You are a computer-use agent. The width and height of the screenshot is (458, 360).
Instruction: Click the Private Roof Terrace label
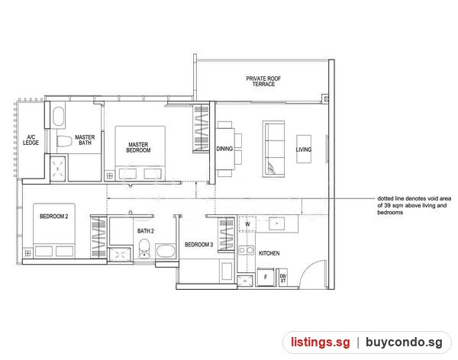[263, 81]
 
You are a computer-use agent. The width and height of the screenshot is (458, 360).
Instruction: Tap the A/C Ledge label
[31, 140]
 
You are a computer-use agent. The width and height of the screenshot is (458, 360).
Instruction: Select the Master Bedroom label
[138, 147]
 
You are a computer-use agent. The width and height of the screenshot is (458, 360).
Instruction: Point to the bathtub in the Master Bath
[59, 116]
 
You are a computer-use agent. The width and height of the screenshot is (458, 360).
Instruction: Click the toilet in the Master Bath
[64, 141]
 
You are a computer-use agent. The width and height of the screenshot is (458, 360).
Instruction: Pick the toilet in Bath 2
[144, 249]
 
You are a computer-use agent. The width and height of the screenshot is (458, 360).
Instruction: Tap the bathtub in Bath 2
[166, 251]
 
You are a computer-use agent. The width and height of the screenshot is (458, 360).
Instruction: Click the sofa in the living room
[274, 149]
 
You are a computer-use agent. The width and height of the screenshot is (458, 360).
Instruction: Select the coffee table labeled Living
[304, 149]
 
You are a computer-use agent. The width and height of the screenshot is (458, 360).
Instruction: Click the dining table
[225, 149]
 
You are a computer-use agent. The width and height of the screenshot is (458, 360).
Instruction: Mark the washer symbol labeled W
[247, 224]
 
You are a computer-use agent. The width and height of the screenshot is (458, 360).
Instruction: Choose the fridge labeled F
[266, 277]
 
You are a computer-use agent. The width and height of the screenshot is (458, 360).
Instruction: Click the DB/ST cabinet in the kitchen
[283, 278]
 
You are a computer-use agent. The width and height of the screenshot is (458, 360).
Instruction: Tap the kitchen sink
[276, 223]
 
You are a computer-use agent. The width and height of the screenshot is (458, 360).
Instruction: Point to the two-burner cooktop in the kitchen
[246, 250]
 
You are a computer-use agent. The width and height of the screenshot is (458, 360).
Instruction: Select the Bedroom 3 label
[199, 245]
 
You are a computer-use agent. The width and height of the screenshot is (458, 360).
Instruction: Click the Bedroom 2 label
[53, 217]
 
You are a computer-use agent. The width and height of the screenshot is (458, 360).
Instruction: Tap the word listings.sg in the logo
[320, 342]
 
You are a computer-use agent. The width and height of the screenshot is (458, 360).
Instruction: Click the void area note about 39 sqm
[414, 205]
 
